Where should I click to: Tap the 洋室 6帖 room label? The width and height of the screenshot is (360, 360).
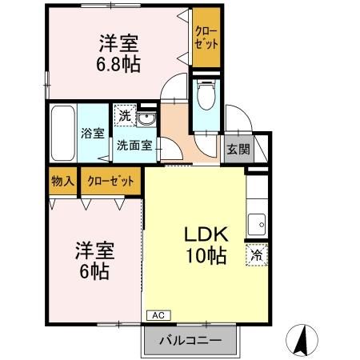pos(95,259)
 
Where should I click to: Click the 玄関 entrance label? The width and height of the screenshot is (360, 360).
pos(236,148)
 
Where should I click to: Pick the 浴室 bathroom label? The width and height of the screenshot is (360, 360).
pos(91,134)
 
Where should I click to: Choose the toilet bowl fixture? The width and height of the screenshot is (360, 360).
pos(205,97)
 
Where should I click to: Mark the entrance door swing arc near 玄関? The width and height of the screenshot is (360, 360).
pos(236,120)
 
